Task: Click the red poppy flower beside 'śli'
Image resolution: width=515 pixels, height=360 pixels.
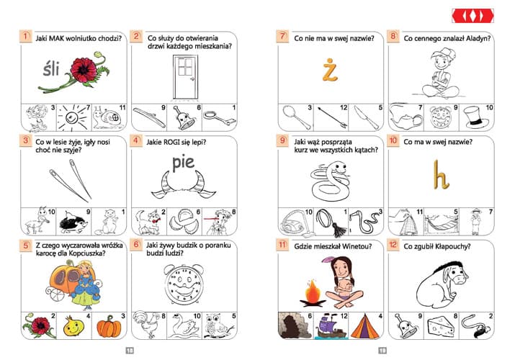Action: (84, 70)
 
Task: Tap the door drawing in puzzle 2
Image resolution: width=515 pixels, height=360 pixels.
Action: (186, 77)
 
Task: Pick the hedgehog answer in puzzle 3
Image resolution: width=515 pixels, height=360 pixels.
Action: (73, 222)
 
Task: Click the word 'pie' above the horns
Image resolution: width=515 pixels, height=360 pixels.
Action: (183, 163)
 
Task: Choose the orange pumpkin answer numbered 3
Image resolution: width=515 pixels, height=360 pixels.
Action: (109, 326)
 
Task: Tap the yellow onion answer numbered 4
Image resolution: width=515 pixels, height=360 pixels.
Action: (73, 326)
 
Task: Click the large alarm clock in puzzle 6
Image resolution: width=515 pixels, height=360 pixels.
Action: (184, 284)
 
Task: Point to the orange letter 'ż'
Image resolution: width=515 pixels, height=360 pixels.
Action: (330, 70)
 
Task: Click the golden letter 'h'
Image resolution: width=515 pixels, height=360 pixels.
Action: (440, 174)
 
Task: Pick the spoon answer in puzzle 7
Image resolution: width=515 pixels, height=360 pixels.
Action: (297, 117)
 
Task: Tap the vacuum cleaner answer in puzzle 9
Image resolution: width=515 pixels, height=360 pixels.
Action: (295, 223)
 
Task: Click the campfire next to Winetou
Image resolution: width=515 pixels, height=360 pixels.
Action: (313, 293)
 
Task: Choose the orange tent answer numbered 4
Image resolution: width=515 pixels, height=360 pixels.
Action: (365, 326)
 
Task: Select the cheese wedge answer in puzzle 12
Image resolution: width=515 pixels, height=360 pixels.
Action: (441, 326)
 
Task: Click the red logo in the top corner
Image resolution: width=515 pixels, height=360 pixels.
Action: (473, 16)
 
